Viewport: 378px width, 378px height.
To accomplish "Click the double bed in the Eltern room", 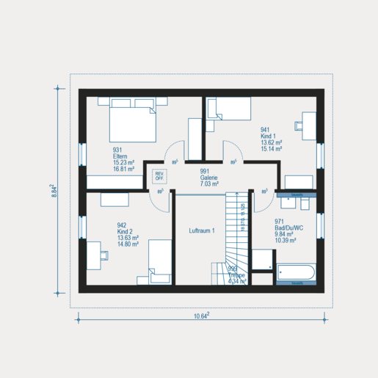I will click(134, 121).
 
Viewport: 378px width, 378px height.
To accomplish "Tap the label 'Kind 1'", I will click(268, 137).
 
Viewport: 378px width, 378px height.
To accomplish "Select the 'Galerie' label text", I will click(210, 178).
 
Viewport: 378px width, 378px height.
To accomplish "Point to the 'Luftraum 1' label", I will click(201, 230).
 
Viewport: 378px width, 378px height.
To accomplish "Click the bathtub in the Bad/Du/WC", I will click(297, 274).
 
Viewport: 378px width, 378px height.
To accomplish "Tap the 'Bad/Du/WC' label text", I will click(288, 228).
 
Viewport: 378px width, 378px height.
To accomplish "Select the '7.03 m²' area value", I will click(210, 184).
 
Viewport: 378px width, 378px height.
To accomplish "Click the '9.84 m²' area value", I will click(286, 234).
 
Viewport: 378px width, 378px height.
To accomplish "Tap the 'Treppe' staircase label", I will click(236, 275).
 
